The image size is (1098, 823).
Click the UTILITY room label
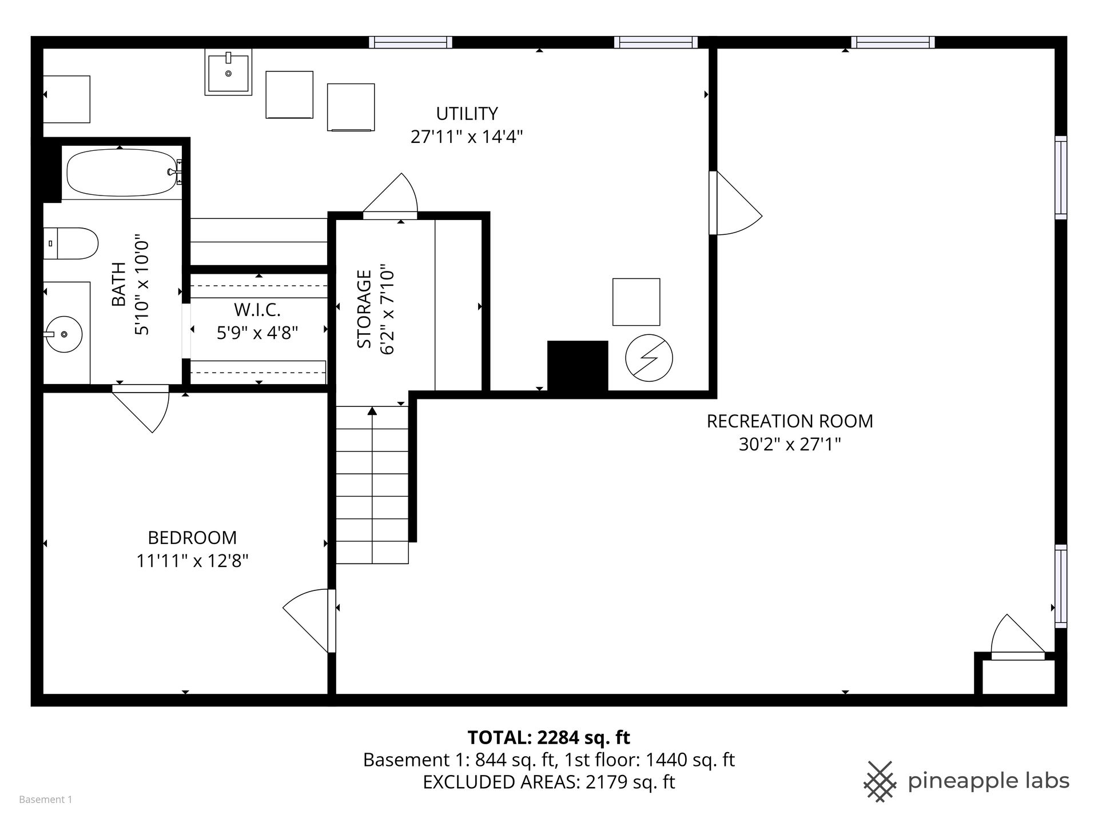point(467,114)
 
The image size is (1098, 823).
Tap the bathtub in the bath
point(124,173)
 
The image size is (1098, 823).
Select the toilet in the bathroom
point(71,244)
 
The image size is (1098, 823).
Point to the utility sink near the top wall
point(229,71)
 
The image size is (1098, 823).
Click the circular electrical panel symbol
point(649,358)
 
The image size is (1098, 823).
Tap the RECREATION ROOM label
point(790,421)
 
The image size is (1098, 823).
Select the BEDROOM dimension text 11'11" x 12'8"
point(192,561)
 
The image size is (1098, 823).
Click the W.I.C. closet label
point(257,310)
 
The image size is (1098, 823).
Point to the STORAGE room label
point(364,309)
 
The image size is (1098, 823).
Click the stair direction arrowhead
point(372,410)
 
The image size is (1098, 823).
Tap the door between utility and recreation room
point(735,203)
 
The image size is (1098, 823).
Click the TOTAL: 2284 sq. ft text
point(549,738)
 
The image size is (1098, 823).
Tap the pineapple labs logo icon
point(881,781)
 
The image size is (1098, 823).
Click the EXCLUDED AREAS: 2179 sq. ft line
point(549,782)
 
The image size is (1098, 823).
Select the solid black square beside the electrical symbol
point(578,366)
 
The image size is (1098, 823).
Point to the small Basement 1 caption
point(46,800)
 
